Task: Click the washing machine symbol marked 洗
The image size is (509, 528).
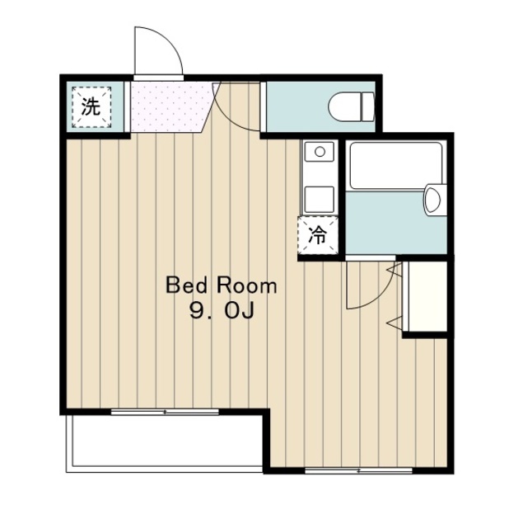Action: pyautogui.click(x=91, y=106)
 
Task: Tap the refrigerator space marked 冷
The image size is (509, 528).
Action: pyautogui.click(x=317, y=235)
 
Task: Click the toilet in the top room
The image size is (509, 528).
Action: pyautogui.click(x=351, y=106)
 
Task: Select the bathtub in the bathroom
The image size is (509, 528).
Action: pyautogui.click(x=395, y=166)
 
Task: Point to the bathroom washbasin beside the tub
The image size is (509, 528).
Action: pyautogui.click(x=434, y=200)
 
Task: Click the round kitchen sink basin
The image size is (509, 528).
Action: pyautogui.click(x=320, y=152)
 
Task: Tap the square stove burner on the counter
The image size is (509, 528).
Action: pyautogui.click(x=320, y=200)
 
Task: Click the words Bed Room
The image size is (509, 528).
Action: pyautogui.click(x=222, y=286)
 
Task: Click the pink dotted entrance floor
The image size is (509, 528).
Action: pyautogui.click(x=169, y=107)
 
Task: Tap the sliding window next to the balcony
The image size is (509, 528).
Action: pyautogui.click(x=165, y=412)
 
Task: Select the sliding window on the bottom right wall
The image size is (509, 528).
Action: pyautogui.click(x=358, y=470)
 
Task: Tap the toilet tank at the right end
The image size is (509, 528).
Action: pyautogui.click(x=368, y=106)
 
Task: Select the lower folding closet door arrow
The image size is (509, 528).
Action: pyautogui.click(x=395, y=323)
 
